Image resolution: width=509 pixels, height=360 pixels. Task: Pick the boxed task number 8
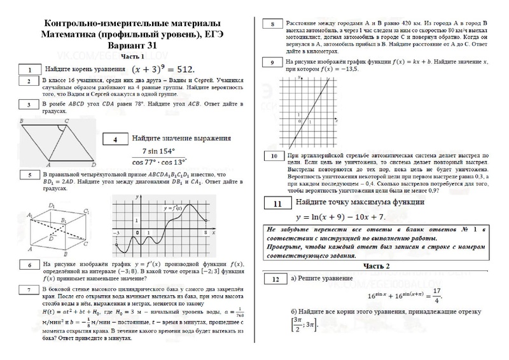pyautogui.click(x=272, y=25)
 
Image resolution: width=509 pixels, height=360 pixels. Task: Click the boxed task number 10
pyautogui.click(x=272, y=156)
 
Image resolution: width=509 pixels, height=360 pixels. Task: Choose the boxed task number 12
pyautogui.click(x=274, y=279)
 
